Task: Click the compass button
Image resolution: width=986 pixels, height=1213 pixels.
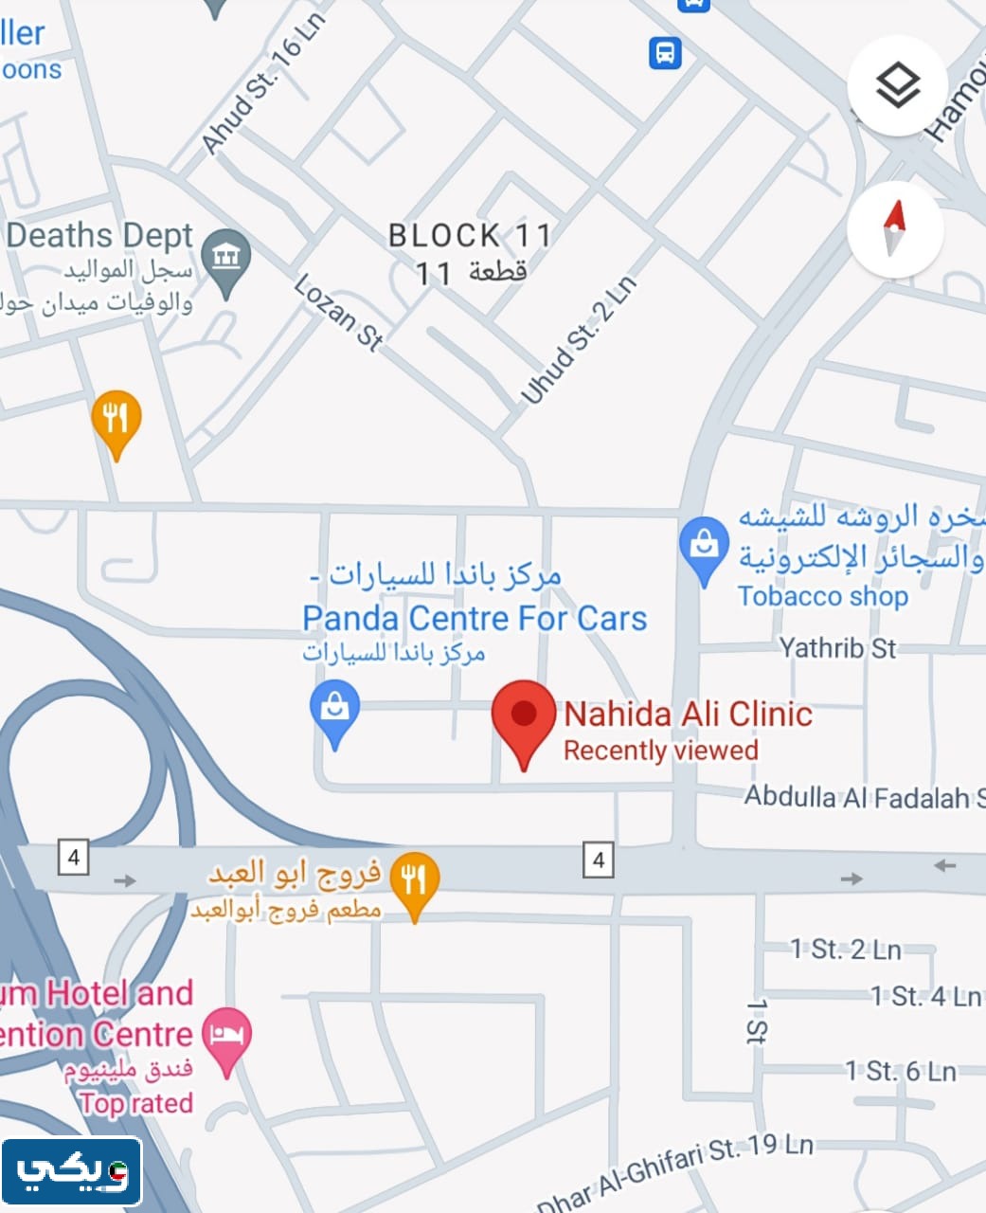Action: [x=894, y=229]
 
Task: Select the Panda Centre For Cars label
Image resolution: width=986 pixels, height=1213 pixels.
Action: [x=474, y=619]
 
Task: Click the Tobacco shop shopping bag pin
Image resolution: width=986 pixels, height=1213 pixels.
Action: [x=704, y=549]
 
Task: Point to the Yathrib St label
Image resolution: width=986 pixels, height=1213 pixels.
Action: [x=837, y=648]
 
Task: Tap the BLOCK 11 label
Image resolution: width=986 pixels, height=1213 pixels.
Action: [x=470, y=235]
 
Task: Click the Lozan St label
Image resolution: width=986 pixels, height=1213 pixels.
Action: [x=338, y=313]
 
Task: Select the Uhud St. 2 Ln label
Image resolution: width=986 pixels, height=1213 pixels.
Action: [x=578, y=339]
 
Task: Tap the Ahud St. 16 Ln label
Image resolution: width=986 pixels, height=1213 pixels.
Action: [x=262, y=84]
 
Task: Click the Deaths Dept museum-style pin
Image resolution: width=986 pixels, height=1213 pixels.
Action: [x=226, y=258]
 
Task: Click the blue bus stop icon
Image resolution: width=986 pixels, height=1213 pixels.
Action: [x=665, y=52]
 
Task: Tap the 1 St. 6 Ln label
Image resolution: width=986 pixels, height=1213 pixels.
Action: [x=901, y=1071]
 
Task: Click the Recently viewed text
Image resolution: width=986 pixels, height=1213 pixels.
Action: [x=661, y=751]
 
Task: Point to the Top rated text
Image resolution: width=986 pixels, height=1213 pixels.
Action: [x=136, y=1103]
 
